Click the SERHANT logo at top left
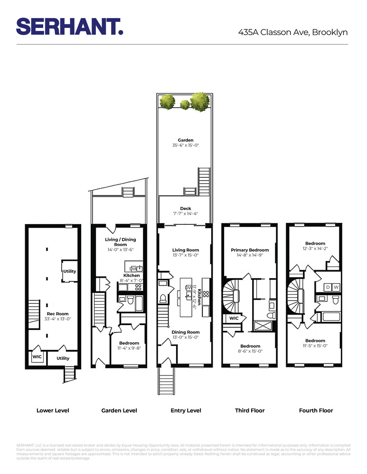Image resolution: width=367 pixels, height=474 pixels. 70,27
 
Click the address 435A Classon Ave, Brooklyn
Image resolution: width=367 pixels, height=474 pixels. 293,32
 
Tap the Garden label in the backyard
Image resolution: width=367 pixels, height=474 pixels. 185,140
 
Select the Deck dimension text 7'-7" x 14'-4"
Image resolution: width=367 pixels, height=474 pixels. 185,214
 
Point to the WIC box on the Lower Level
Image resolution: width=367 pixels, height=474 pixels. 37,357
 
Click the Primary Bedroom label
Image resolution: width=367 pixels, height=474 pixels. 250,250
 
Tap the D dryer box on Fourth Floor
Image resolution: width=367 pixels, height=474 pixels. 328,287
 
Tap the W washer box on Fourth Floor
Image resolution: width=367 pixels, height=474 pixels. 336,287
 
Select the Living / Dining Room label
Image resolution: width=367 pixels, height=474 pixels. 119,242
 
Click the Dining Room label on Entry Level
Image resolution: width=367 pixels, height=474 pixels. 185,332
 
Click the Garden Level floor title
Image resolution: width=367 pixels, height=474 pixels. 119,410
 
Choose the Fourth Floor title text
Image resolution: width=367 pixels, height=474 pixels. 316,410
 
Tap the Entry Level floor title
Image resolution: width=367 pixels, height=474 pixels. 186,410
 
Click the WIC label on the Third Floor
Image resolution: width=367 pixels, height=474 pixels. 234,319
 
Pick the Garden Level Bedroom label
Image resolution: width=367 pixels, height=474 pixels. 129,343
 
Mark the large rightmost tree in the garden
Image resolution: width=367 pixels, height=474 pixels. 200,101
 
